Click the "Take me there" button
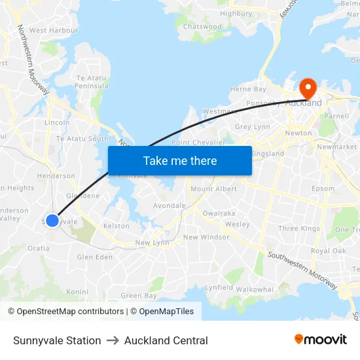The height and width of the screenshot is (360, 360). tap(179, 160)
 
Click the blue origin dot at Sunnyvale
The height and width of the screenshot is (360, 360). tap(52, 221)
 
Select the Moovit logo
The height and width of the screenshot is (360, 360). tap(320, 340)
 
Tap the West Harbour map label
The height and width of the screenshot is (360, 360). tap(54, 30)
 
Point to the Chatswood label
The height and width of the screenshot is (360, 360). tap(202, 27)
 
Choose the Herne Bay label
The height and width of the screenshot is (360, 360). tap(248, 89)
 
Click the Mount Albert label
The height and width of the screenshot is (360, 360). tap(213, 189)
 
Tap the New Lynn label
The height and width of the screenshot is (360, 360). tap(152, 243)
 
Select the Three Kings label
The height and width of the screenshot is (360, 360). tap(298, 228)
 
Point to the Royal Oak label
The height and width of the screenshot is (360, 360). tap(328, 251)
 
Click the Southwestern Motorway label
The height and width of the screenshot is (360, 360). tap(302, 269)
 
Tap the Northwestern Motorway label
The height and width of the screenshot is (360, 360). tap(29, 56)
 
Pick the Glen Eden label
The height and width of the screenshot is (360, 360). tap(95, 257)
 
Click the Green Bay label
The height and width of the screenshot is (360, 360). tap(139, 296)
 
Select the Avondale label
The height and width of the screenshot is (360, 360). tap(169, 206)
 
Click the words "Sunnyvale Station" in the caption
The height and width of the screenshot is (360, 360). tap(57, 340)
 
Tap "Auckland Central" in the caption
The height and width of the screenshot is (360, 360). tap(166, 340)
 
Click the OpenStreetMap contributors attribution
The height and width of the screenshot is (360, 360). tap(66, 312)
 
